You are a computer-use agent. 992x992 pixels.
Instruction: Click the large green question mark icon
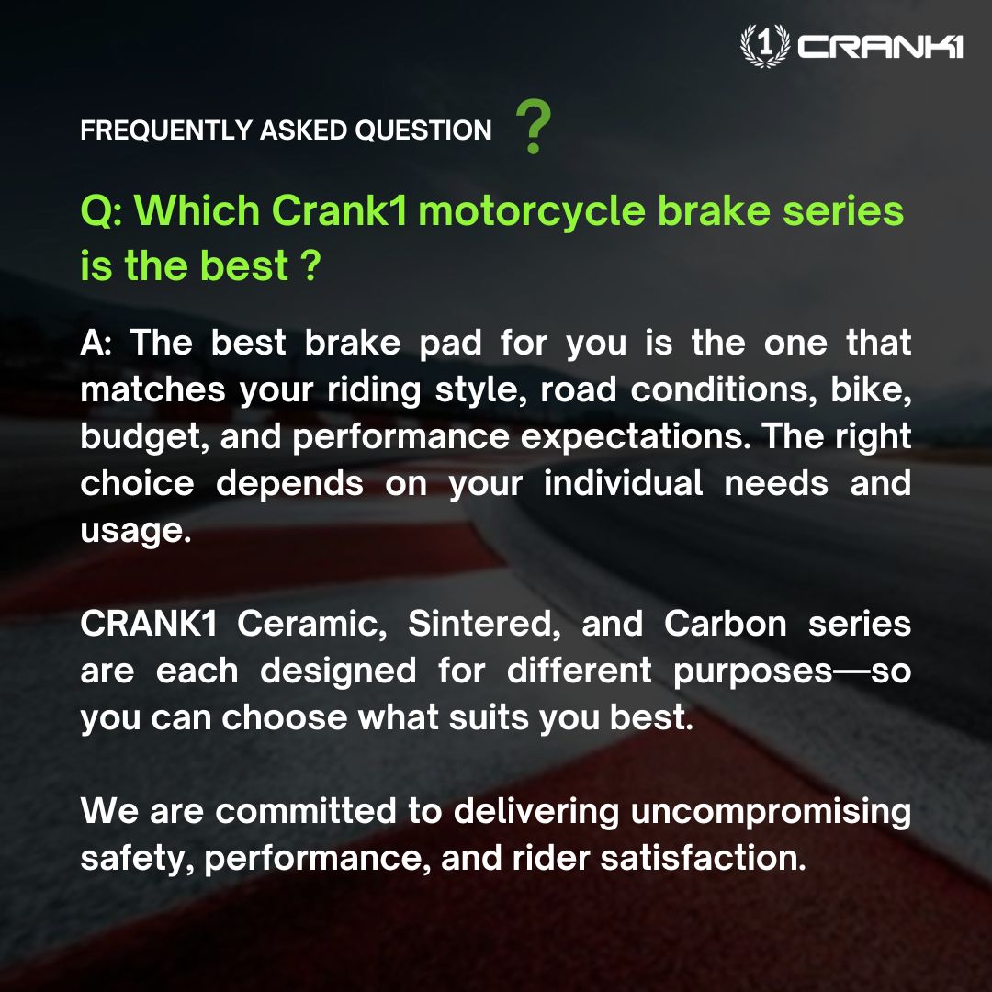click(534, 129)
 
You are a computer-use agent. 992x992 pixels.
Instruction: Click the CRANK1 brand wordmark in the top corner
click(880, 47)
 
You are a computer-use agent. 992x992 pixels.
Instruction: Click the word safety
click(136, 858)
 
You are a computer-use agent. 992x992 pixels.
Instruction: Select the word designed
click(337, 671)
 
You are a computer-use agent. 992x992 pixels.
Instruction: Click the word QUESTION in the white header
click(423, 130)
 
